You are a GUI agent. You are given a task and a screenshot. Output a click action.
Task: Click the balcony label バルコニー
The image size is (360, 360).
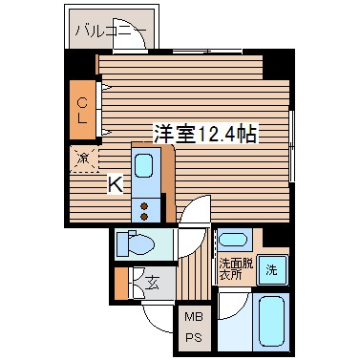click(x=111, y=32)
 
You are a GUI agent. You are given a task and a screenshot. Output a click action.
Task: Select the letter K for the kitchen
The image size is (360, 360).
click(x=114, y=185)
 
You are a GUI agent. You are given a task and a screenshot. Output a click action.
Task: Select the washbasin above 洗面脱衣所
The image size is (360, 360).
click(x=233, y=240)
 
